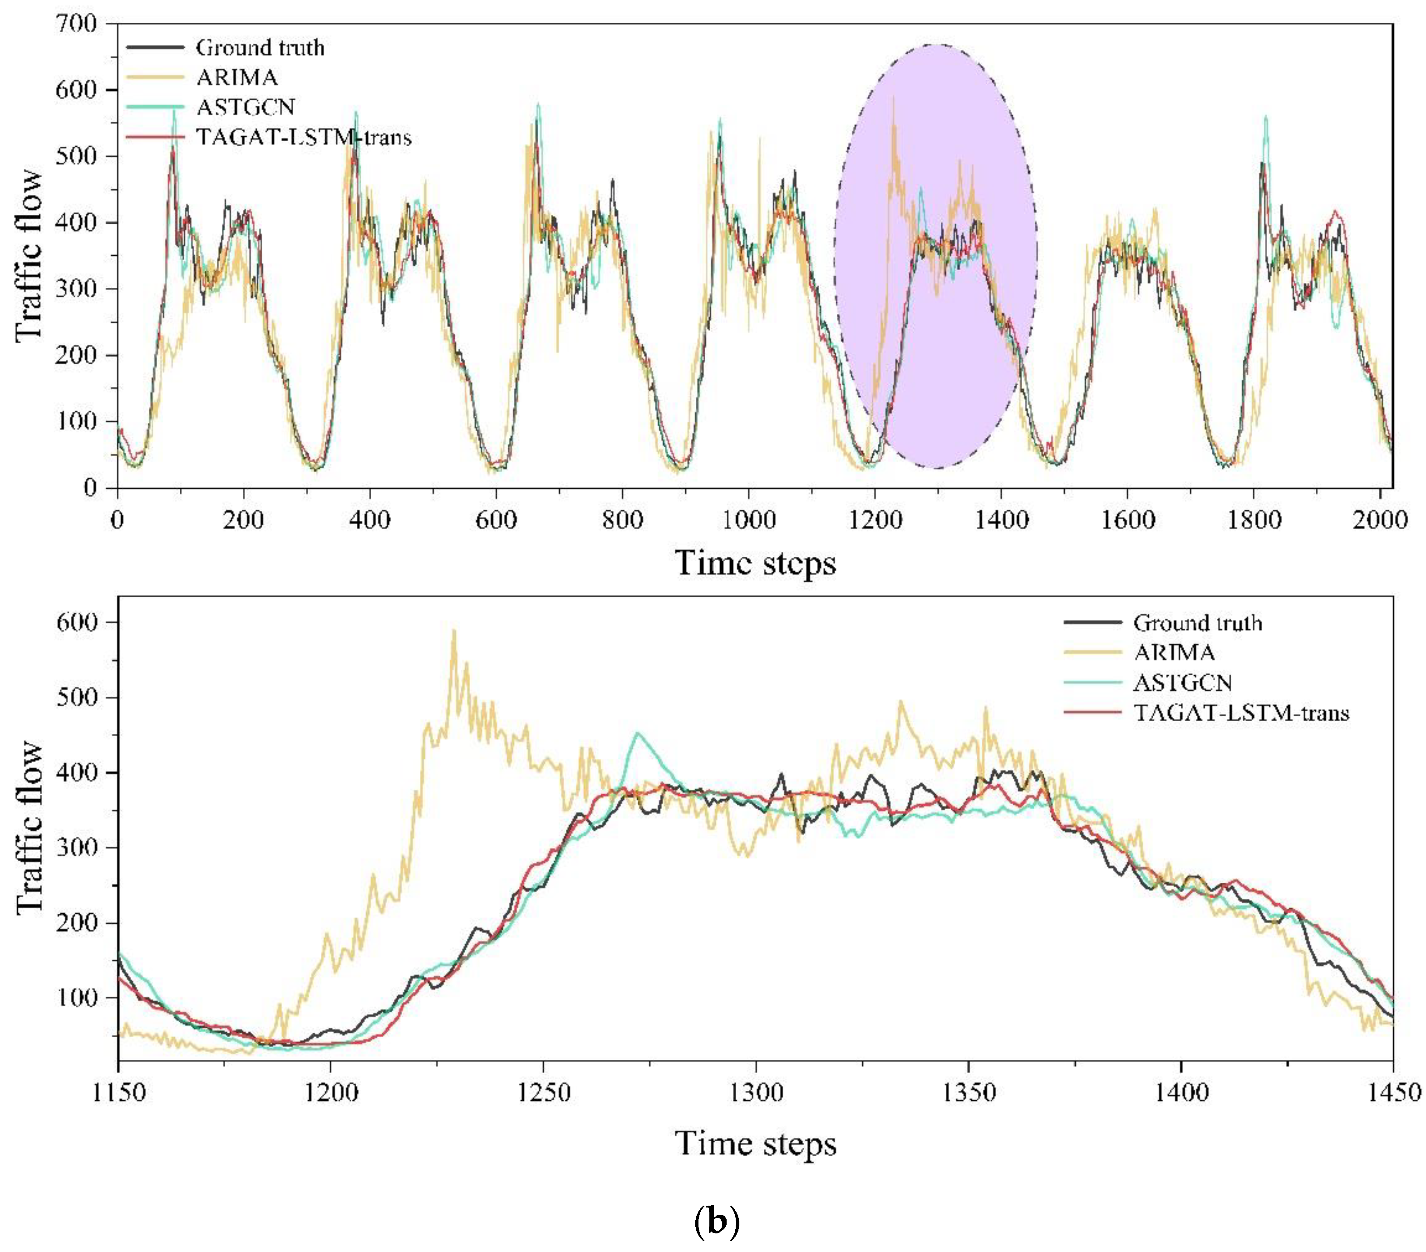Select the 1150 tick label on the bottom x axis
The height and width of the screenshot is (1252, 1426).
click(x=118, y=1092)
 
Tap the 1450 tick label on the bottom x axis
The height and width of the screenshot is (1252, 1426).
click(x=1392, y=1092)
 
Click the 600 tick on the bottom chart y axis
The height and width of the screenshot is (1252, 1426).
click(x=78, y=622)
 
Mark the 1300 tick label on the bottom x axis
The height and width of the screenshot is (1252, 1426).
click(x=756, y=1092)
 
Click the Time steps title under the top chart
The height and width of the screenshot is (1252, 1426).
click(x=756, y=563)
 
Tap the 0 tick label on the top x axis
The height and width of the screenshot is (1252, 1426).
click(x=117, y=520)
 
